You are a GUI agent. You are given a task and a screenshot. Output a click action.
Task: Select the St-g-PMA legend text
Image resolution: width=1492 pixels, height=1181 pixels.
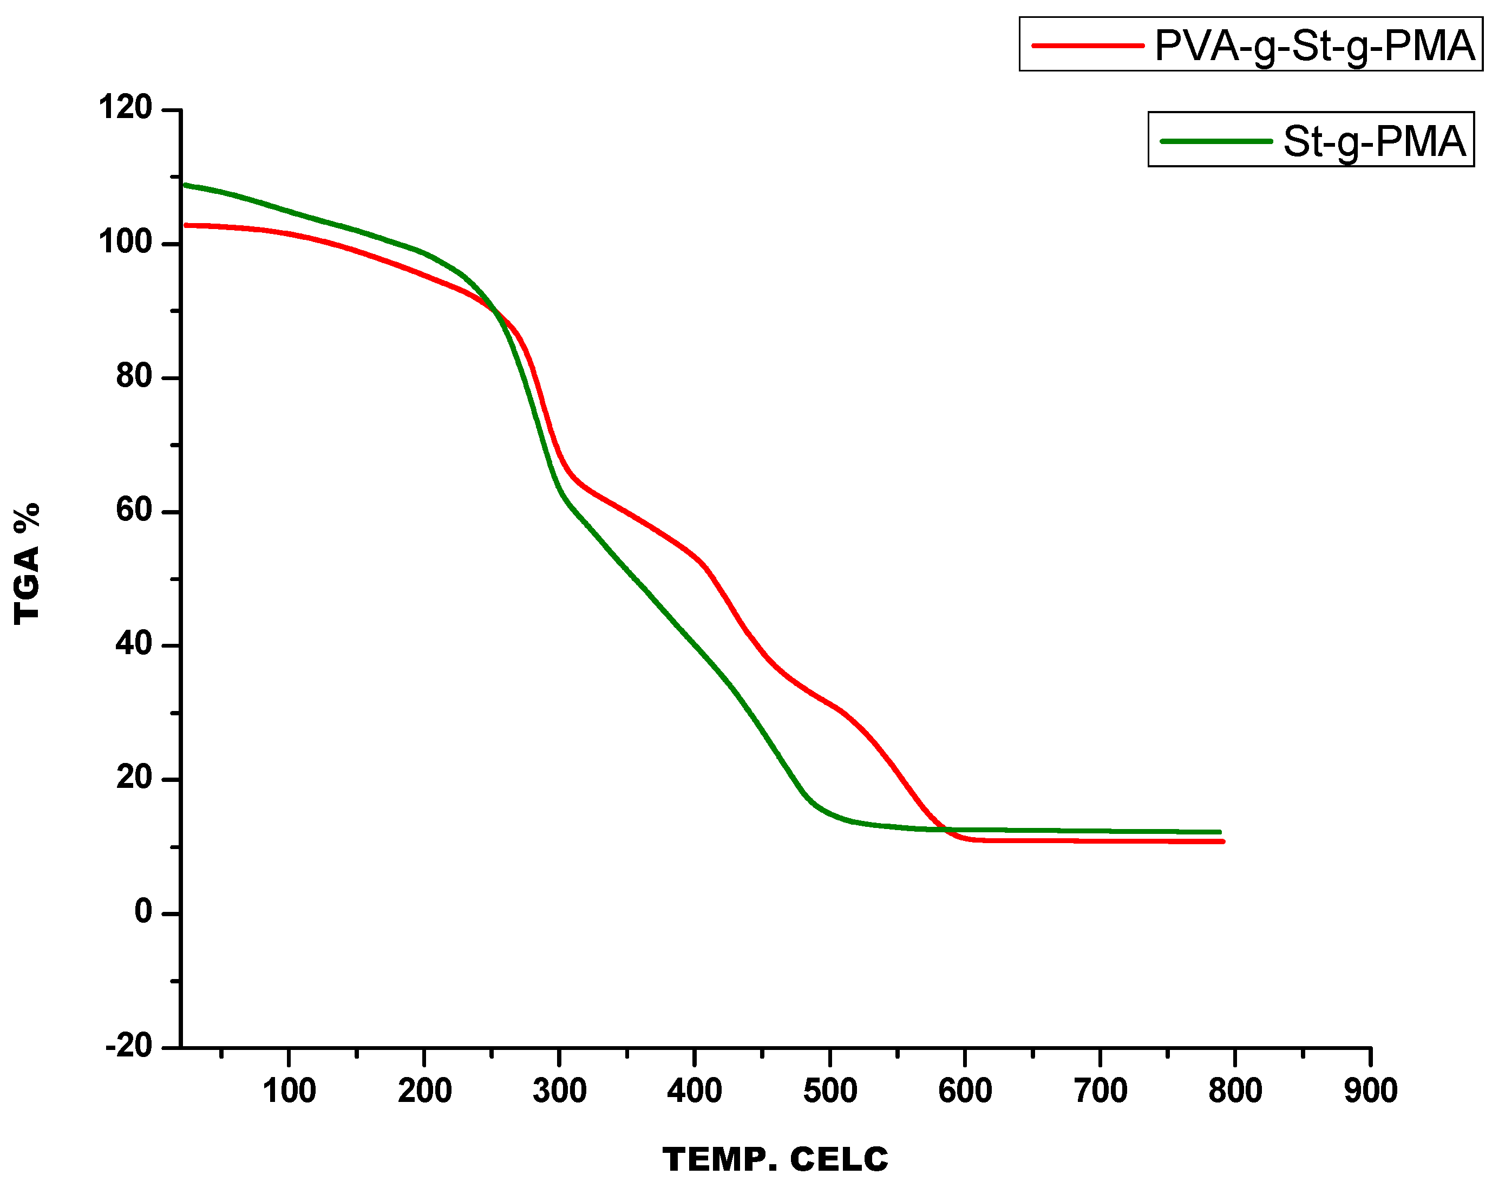1374,142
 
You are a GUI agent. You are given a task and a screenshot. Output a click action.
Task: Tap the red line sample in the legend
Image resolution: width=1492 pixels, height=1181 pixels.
1087,45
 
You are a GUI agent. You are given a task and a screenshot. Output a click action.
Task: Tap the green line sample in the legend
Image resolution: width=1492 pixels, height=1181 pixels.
1216,141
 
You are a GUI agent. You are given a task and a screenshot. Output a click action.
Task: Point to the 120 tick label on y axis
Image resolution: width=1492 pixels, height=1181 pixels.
125,108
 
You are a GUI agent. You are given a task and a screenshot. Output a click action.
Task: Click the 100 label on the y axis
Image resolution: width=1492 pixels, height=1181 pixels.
125,242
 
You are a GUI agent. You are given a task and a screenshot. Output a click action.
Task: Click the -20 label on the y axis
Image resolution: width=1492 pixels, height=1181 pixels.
129,1046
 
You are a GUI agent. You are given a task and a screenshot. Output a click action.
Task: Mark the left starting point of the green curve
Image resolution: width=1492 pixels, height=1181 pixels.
183,185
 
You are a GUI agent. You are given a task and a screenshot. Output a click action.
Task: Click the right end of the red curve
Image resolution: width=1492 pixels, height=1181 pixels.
1223,841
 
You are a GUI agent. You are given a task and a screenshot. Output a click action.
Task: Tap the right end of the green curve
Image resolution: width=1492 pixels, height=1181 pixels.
1220,832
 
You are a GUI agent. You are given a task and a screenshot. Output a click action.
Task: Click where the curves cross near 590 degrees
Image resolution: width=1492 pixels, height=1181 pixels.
946,829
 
